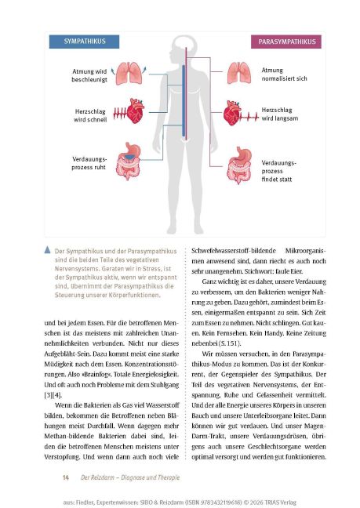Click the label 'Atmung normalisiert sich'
(x=285, y=74)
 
